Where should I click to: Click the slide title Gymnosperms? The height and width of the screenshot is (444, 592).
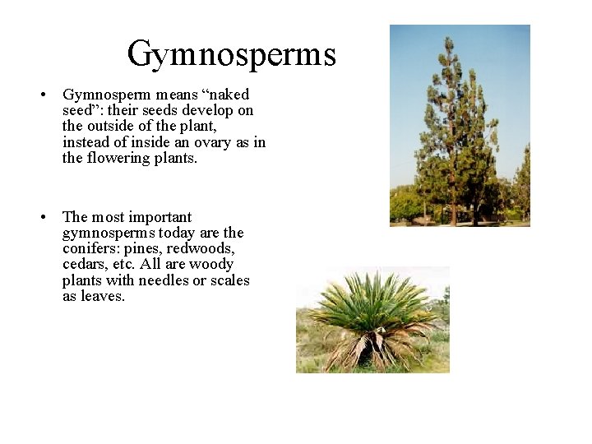tap(231, 54)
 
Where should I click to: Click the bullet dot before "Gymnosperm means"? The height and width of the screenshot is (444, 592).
tap(42, 95)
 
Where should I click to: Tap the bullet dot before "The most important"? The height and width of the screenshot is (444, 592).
tap(42, 218)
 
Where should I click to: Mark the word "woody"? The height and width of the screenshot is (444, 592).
tap(211, 264)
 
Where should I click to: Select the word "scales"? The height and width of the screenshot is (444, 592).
tap(229, 280)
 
